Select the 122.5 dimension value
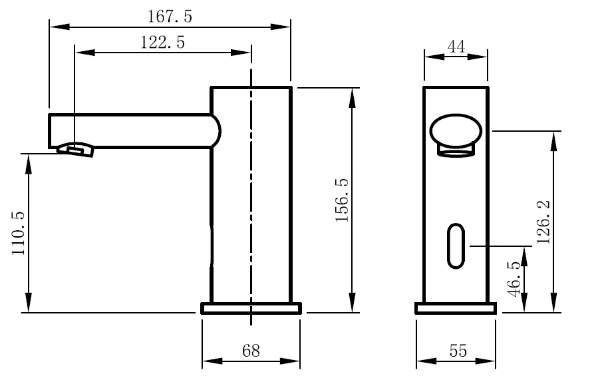pos(162,43)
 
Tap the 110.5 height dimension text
pos(18,233)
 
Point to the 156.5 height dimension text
pos(342,200)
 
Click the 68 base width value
pos(251,351)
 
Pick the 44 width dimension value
pos(456,47)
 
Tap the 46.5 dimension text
pos(513,280)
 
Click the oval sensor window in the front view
pos(456,246)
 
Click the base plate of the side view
pos(251,308)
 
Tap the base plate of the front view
pos(456,308)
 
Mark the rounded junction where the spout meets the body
pos(214,131)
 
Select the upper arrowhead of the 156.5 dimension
pos(352,94)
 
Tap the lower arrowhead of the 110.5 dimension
pos(29,306)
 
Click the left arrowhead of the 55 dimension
pos(422,361)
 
